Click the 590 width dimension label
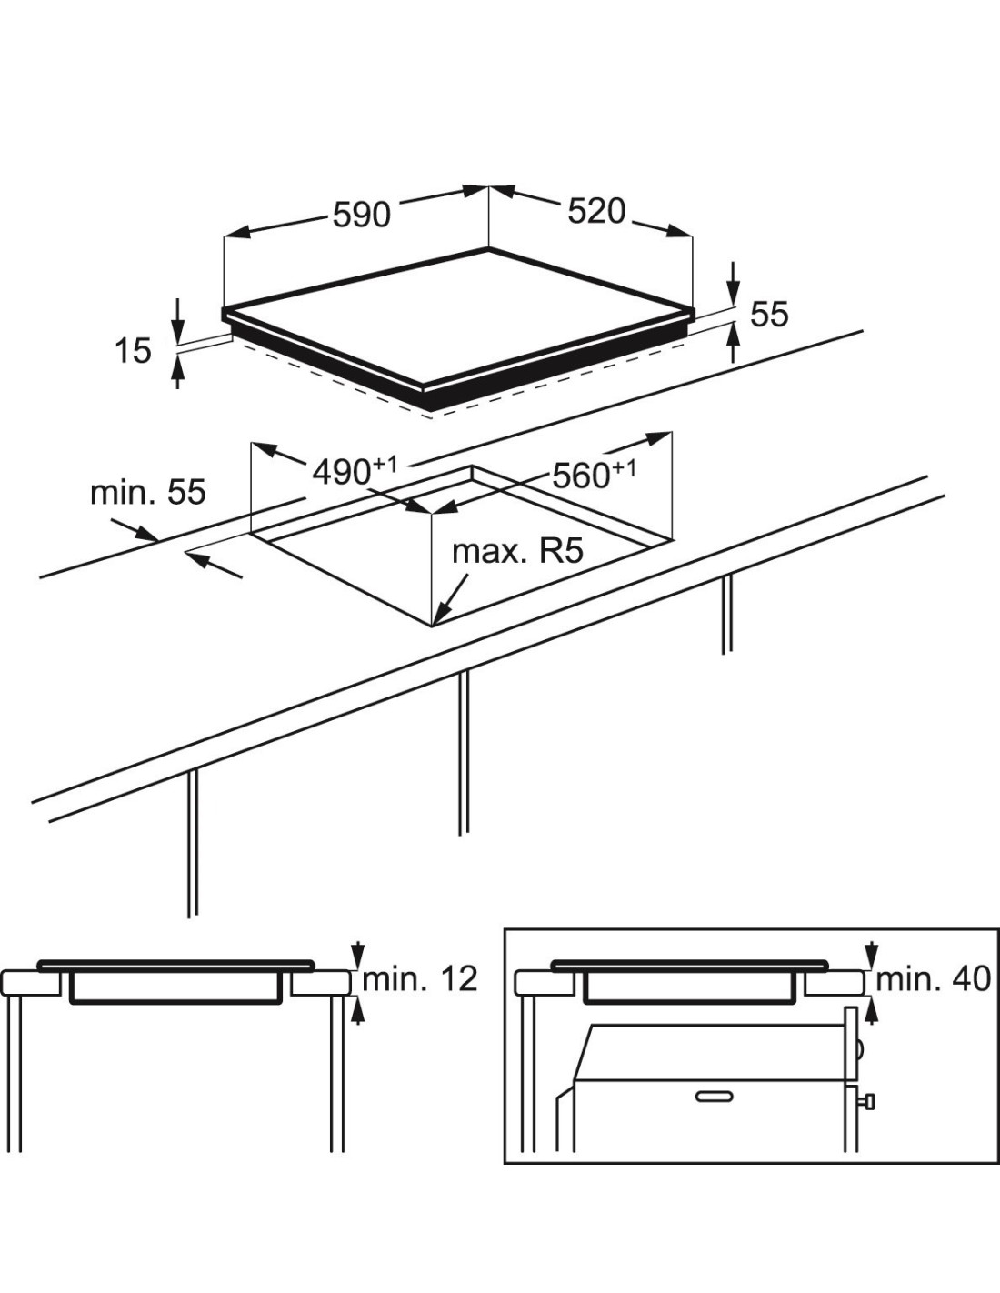pyautogui.click(x=362, y=215)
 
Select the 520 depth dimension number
pyautogui.click(x=597, y=211)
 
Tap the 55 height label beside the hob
pyautogui.click(x=769, y=314)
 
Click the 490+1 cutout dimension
pyautogui.click(x=355, y=470)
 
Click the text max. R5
pyautogui.click(x=517, y=551)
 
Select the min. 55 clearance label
pyautogui.click(x=148, y=492)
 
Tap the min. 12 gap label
pyautogui.click(x=420, y=979)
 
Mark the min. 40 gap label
pyautogui.click(x=933, y=979)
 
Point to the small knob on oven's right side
pyautogui.click(x=870, y=1103)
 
